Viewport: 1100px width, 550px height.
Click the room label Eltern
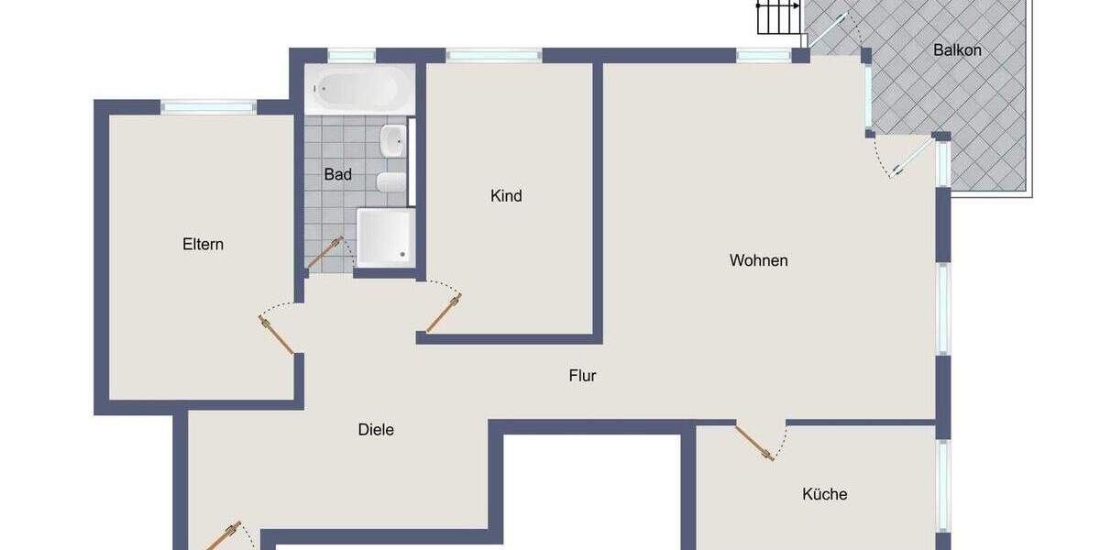pos(203,245)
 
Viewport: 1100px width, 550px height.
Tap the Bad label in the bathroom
pos(337,174)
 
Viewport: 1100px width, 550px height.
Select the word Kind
pos(506,196)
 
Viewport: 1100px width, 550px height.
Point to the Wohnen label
pos(758,260)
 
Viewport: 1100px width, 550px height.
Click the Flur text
pos(582,375)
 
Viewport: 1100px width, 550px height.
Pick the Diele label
pos(376,429)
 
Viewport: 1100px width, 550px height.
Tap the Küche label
pos(824,494)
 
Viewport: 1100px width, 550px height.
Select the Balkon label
pos(957,50)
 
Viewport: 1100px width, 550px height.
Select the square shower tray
pos(385,236)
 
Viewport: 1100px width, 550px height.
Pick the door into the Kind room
pos(443,314)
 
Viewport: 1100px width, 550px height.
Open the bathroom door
pos(324,254)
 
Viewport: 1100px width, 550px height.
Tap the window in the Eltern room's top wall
pos(208,106)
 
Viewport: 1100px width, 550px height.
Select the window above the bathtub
pos(352,55)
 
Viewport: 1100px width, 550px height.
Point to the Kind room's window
pos(493,55)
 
